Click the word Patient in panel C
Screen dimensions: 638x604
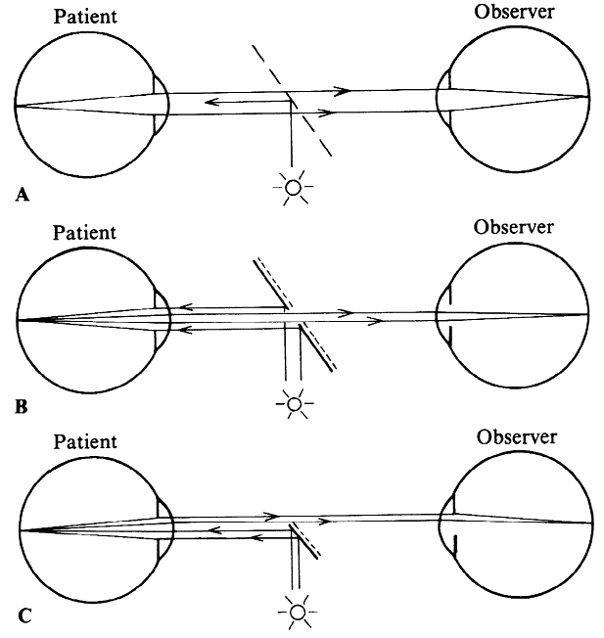click(x=83, y=442)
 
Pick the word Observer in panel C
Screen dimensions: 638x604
click(x=517, y=435)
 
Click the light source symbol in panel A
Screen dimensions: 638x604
click(x=292, y=185)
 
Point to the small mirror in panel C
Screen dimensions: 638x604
click(x=306, y=537)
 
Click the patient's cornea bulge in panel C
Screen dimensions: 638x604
click(x=167, y=526)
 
